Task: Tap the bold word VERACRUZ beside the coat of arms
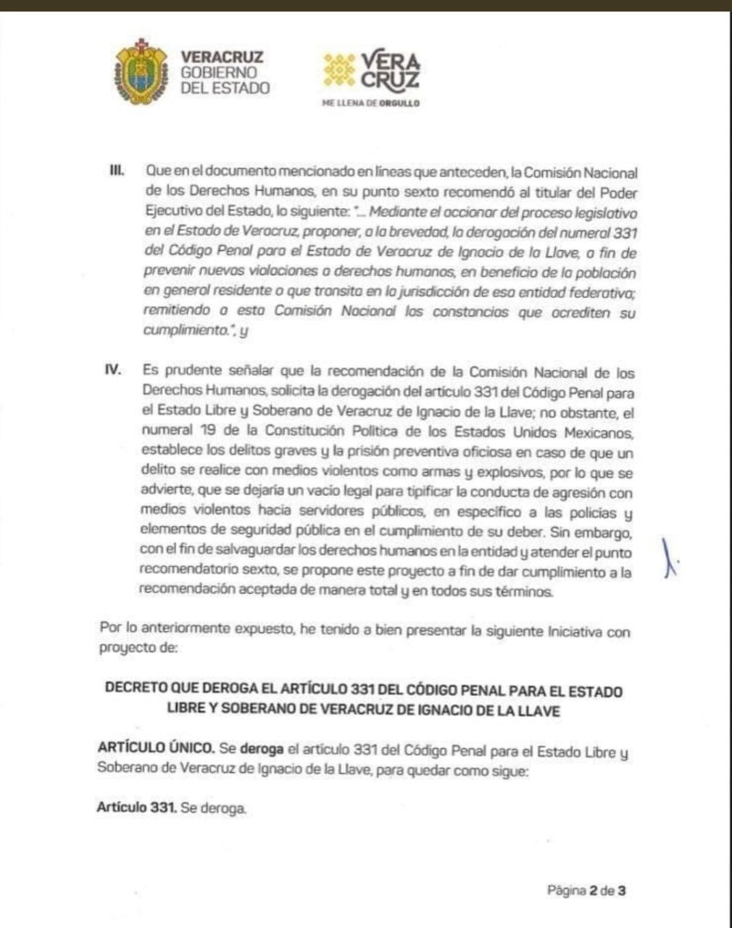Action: [x=222, y=57]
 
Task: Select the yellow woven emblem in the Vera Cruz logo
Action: [x=339, y=70]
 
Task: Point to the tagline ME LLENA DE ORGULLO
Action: [x=371, y=104]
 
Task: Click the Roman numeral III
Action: [x=115, y=172]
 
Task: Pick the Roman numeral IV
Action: [x=112, y=370]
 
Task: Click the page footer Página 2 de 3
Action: [x=586, y=890]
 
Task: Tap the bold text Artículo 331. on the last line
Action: [x=137, y=808]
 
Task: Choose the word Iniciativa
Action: [x=571, y=631]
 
